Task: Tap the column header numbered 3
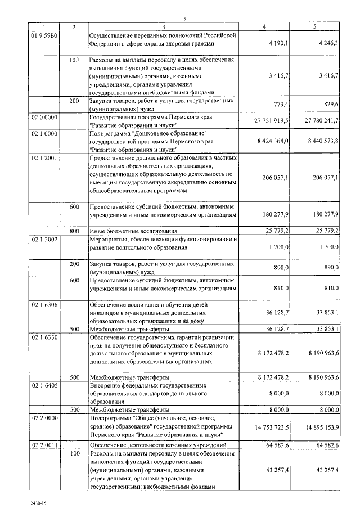[x=163, y=27]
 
